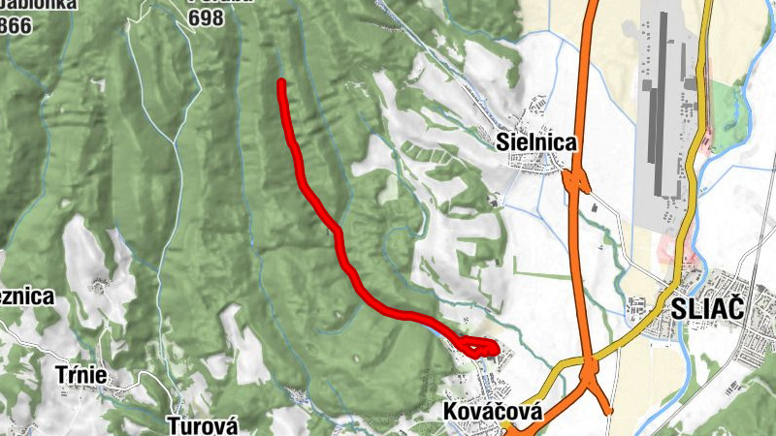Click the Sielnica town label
535,142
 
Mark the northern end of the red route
280,83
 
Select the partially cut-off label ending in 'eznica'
26,297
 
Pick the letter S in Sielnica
501,142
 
